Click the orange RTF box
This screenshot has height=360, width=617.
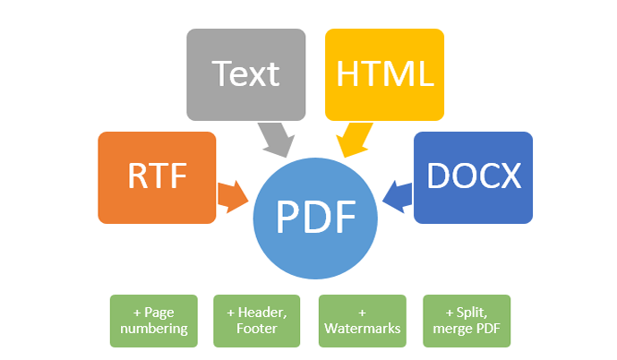[157, 176]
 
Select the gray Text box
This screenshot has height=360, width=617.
[245, 74]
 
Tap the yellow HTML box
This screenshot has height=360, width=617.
[384, 74]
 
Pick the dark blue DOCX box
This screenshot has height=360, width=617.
[474, 176]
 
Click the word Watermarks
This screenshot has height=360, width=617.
[362, 330]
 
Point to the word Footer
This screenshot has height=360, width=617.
[256, 330]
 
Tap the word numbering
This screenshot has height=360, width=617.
[153, 330]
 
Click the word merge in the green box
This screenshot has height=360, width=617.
[450, 330]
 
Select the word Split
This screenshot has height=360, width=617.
[471, 313]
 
